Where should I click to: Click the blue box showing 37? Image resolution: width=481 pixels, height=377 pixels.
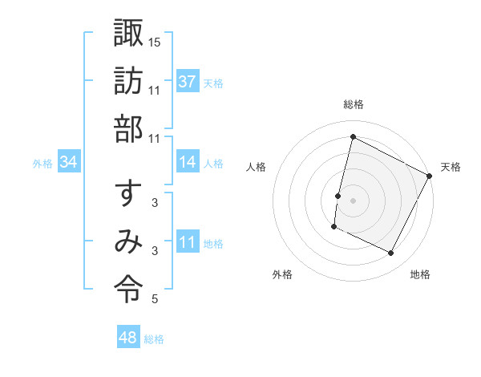tap(188, 81)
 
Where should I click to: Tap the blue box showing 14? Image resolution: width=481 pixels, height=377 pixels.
tap(188, 162)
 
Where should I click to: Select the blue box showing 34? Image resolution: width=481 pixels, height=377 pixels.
tap(69, 162)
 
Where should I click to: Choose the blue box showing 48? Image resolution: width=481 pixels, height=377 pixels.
tap(127, 338)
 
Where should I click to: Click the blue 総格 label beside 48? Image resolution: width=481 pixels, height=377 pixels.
tap(154, 339)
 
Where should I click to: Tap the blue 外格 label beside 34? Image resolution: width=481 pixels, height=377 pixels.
tap(42, 164)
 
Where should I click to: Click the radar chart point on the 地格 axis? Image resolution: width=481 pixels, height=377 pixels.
tap(391, 253)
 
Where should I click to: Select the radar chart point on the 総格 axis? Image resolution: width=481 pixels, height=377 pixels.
tap(353, 137)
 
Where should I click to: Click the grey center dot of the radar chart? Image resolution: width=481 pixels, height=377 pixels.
tap(353, 200)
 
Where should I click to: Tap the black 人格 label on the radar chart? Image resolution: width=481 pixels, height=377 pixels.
tap(257, 167)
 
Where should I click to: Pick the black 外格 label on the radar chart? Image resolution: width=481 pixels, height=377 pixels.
tap(282, 275)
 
